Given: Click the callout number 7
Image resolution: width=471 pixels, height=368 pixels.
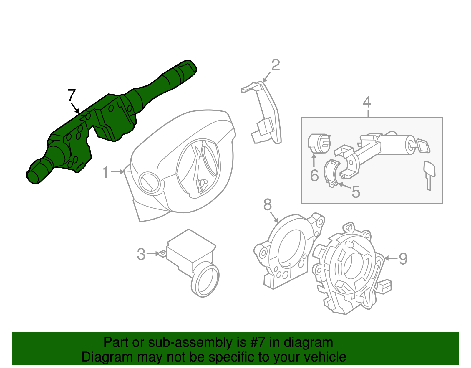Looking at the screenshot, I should point(72,95).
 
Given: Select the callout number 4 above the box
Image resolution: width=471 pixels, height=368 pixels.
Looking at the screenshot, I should point(367,102).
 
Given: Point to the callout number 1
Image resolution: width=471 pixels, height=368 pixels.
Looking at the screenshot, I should point(105,172).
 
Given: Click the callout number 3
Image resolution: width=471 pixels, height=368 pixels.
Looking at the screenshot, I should point(141,254).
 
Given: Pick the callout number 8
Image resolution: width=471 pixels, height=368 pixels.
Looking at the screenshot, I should point(267,204).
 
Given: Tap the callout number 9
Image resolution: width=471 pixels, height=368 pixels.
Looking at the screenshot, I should point(403,259).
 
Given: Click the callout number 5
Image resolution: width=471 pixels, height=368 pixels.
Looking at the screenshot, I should point(356,192).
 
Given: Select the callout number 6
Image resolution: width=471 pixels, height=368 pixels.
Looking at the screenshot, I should point(314,176).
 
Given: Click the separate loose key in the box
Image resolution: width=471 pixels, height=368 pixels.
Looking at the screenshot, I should point(429,174).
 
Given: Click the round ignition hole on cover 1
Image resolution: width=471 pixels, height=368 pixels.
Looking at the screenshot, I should point(149,183).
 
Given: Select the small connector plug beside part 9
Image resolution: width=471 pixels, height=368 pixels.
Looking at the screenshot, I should point(384,286).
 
